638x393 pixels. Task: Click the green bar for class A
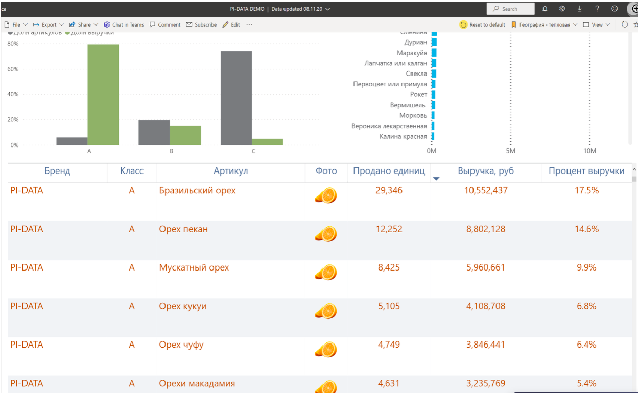(103, 95)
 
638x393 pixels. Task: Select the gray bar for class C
(236, 98)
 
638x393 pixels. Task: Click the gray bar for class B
(154, 133)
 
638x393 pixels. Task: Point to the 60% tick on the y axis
(13, 69)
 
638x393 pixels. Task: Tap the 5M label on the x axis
(510, 151)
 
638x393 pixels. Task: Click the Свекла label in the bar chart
(416, 73)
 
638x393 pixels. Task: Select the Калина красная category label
(403, 136)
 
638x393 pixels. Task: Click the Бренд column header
(57, 171)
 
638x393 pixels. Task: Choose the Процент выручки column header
(586, 171)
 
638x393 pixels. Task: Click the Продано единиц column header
(389, 171)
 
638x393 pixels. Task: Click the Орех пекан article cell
(183, 229)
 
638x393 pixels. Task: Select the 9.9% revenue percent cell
(586, 267)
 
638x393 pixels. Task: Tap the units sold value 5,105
(389, 306)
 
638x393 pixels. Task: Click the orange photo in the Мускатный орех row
(326, 272)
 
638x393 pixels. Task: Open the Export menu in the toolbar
(49, 24)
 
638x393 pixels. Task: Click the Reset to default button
(483, 24)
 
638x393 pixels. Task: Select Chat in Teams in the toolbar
(124, 24)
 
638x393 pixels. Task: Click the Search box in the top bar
(511, 9)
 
